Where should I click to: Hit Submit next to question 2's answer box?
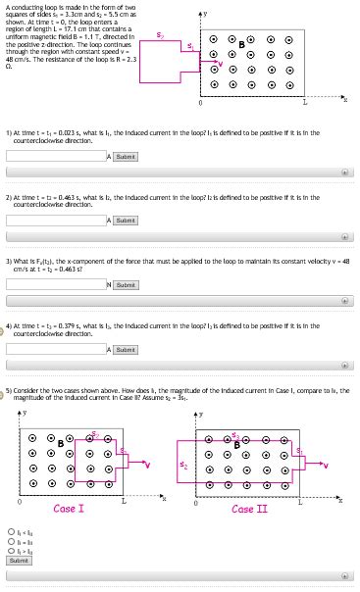coord(126,221)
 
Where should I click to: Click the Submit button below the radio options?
coord(19,561)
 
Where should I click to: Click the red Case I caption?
coord(69,509)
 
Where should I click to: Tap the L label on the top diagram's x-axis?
coord(305,102)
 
